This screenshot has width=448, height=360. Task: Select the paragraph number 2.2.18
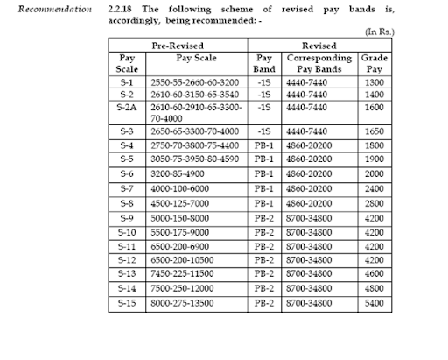point(119,9)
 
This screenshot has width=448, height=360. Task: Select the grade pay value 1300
point(374,79)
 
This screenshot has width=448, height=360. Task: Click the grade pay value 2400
point(374,188)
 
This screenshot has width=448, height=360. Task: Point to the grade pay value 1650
point(374,130)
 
